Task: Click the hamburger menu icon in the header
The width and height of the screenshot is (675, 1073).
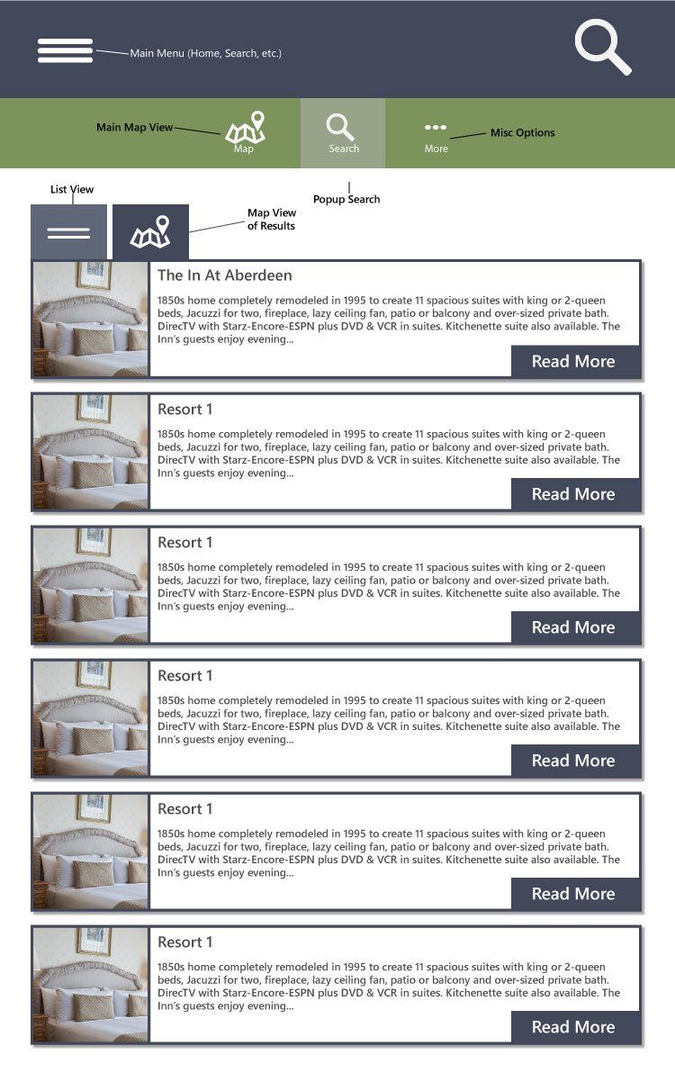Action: pyautogui.click(x=65, y=50)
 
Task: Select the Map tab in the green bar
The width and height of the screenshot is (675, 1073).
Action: pyautogui.click(x=245, y=133)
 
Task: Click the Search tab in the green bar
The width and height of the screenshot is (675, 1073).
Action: pyautogui.click(x=342, y=133)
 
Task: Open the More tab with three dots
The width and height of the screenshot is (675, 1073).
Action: pyautogui.click(x=436, y=134)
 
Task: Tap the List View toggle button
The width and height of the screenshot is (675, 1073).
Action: pyautogui.click(x=68, y=232)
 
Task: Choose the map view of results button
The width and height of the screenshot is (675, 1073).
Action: pyautogui.click(x=150, y=232)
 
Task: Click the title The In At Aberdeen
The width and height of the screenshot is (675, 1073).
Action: pyautogui.click(x=224, y=275)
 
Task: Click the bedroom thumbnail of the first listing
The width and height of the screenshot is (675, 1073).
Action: pyautogui.click(x=90, y=319)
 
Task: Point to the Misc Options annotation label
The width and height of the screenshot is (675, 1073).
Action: pyautogui.click(x=522, y=132)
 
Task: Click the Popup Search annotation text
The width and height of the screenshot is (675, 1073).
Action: pyautogui.click(x=346, y=199)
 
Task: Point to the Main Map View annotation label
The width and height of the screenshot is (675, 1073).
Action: pyautogui.click(x=134, y=128)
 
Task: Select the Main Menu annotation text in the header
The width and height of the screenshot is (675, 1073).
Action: pyautogui.click(x=205, y=53)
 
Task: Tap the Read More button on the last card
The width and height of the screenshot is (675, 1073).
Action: pyautogui.click(x=574, y=1027)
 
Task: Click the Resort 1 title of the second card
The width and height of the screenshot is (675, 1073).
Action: pyautogui.click(x=184, y=410)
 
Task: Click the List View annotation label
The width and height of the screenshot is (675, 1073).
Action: pyautogui.click(x=72, y=189)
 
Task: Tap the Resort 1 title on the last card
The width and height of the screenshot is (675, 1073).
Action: pyautogui.click(x=184, y=942)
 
